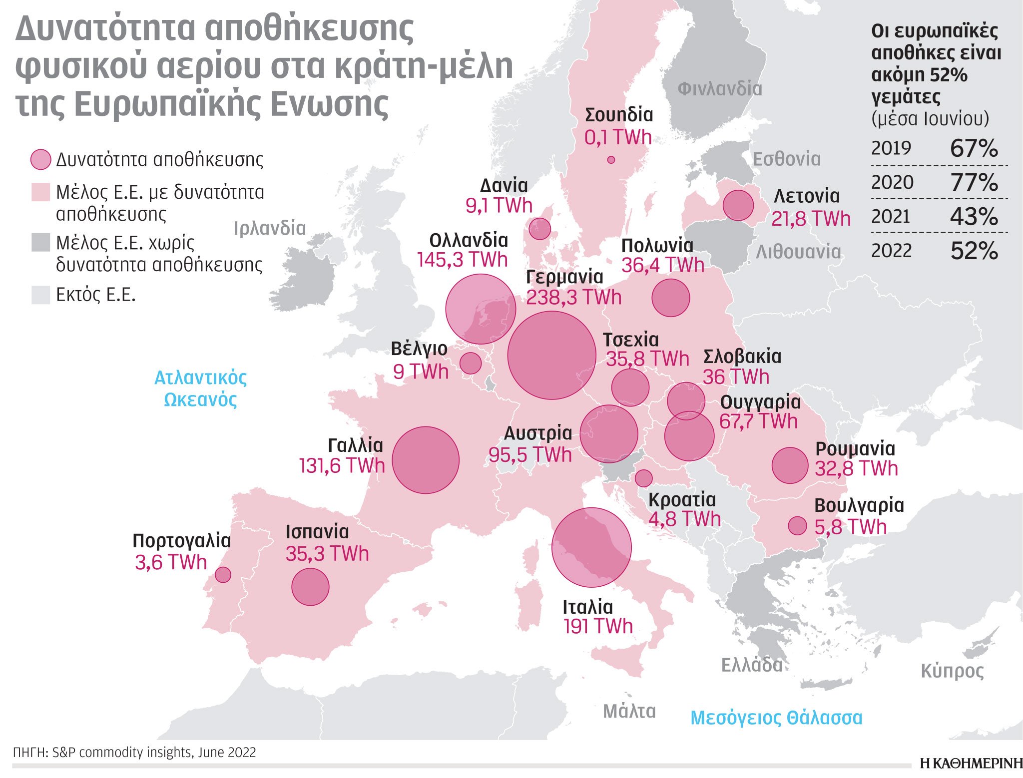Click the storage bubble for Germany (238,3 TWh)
coord(551,355)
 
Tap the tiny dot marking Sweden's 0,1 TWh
coord(611,160)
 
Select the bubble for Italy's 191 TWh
coord(591,547)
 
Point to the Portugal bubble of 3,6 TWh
coord(223,575)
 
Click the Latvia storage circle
coord(738,205)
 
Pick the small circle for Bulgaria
coord(797,525)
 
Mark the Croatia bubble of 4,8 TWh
coord(643,478)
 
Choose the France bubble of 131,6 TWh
coord(426,460)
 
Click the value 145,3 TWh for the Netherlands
coord(462,260)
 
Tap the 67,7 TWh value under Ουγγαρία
coord(758,421)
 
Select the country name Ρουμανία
coord(855,448)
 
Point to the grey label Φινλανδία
coord(719,89)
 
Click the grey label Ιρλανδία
coord(269,228)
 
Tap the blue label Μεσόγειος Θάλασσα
coord(776,718)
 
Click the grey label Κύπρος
coord(952,671)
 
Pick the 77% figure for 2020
coord(974,182)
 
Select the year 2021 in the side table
coord(891,217)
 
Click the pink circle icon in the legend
coord(41,160)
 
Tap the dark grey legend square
coord(41,242)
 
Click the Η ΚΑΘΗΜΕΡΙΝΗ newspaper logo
coord(971,763)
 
